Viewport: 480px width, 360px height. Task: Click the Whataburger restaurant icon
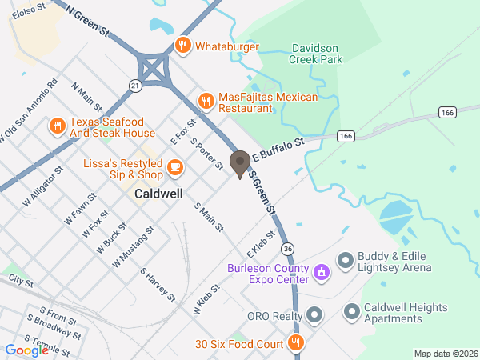coord(183,46)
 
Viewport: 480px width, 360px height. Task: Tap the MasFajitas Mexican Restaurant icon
coord(206,100)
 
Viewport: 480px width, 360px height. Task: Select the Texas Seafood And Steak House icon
coord(57,126)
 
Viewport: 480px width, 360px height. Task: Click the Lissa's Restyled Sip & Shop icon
coord(174,168)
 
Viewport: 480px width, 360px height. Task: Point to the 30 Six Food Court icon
coord(296,344)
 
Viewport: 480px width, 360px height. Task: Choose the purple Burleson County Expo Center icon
coord(321,273)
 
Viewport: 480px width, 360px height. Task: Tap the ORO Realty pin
coord(314,315)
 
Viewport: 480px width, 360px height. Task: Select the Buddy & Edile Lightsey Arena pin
coord(346,259)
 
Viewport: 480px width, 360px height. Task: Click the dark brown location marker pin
coord(239,163)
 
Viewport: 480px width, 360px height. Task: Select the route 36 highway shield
coord(287,249)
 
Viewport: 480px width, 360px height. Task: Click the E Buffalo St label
coord(279,148)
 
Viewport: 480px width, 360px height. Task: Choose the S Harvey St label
coord(158,285)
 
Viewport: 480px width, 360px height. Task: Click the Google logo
coord(26,350)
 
